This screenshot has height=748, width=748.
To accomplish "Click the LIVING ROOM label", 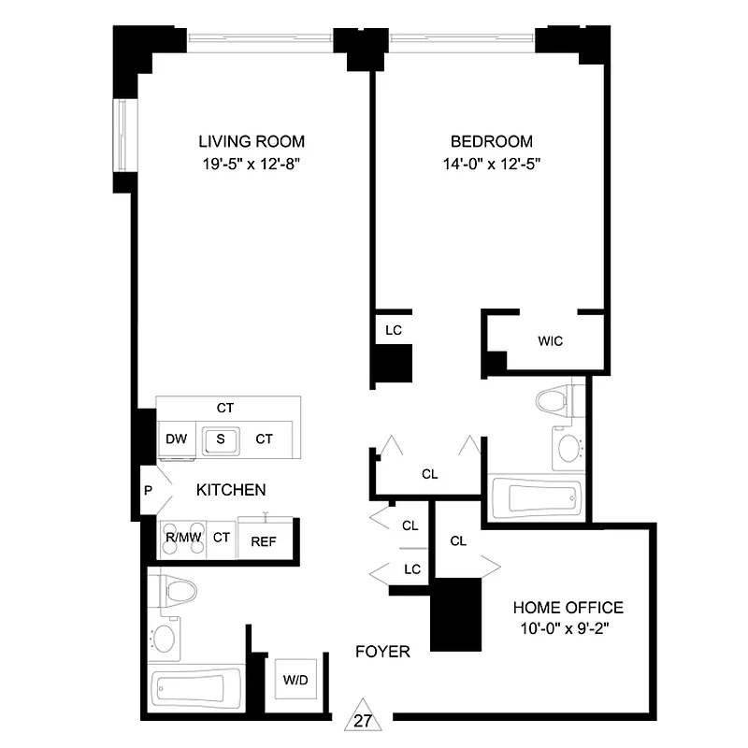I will point(251,142).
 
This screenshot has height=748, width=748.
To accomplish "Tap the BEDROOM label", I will point(491,142).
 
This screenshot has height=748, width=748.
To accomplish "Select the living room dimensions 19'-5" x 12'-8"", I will point(251,163).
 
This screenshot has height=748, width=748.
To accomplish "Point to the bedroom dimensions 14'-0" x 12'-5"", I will point(491,163).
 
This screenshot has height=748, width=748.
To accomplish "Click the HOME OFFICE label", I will point(568,608).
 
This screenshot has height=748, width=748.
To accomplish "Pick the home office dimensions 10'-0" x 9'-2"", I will point(568,628).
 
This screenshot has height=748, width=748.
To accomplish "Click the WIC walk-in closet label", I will point(550,341).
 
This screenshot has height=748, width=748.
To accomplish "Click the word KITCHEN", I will point(231,490).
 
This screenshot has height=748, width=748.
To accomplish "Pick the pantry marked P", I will point(149,489).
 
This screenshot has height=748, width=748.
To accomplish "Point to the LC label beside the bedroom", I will point(393,330).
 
